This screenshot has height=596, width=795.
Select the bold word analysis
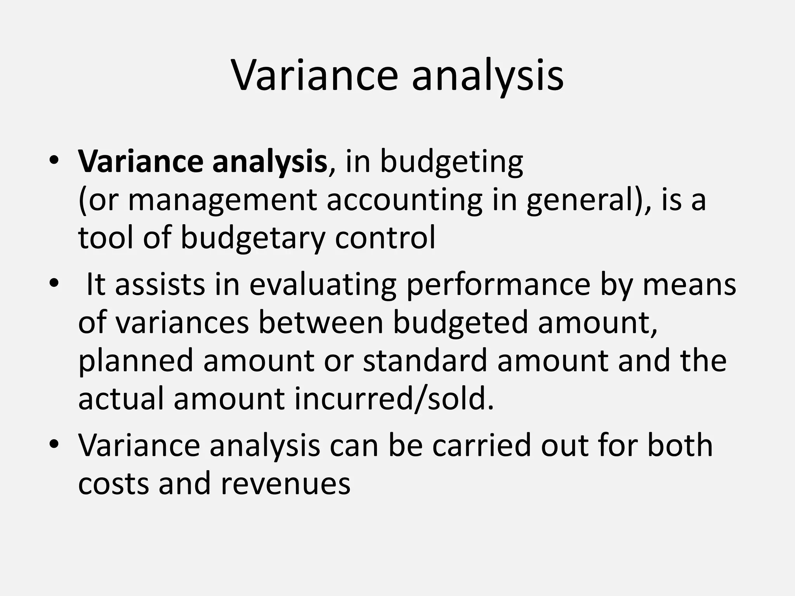click(x=269, y=162)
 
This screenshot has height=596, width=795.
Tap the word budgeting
click(x=451, y=162)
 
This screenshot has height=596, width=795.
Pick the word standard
click(x=425, y=360)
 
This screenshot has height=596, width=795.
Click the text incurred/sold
click(x=394, y=398)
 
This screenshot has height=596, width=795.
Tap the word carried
click(x=481, y=445)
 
